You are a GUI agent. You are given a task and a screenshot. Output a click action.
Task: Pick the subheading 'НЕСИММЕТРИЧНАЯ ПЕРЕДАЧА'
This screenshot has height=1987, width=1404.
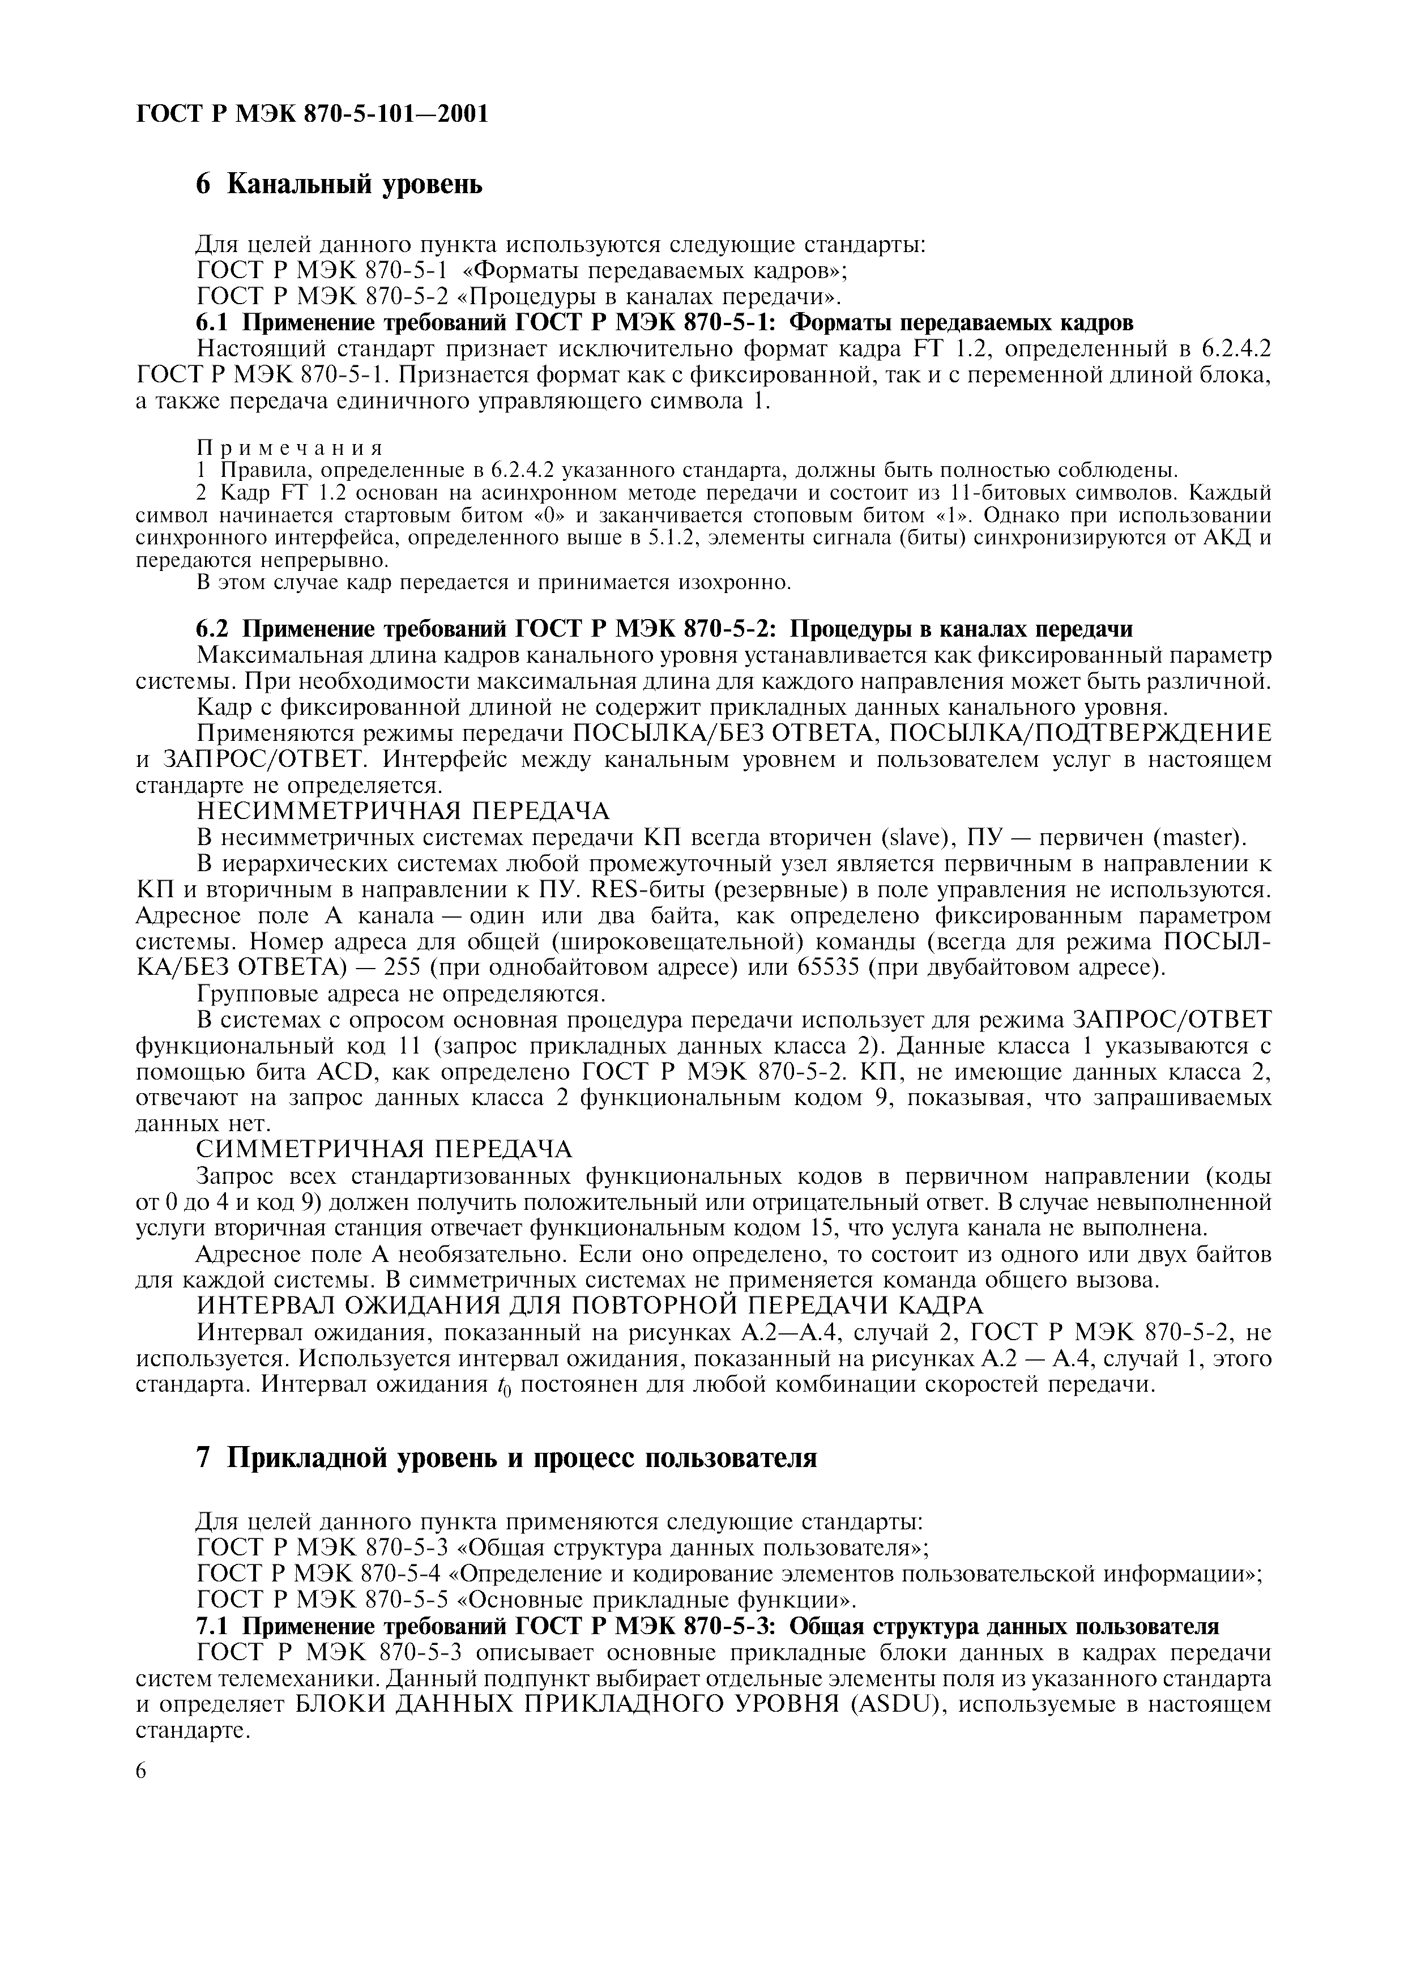pos(403,811)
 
